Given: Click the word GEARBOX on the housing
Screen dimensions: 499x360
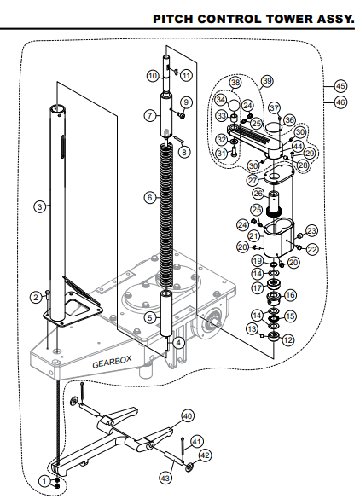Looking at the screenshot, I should click(112, 363).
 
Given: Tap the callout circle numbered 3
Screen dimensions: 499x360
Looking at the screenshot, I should click(38, 206).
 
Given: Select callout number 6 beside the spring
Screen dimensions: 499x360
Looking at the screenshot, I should click(149, 197).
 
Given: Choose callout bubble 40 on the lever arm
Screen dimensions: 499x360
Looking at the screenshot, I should click(188, 417).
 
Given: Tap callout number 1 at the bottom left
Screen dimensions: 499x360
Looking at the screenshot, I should click(44, 481).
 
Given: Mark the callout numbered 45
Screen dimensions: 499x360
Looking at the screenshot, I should click(340, 86).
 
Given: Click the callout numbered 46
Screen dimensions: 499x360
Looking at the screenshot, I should click(340, 102).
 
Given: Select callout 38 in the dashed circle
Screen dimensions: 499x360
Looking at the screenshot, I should click(235, 83).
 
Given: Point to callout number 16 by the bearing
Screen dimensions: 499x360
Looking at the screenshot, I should click(290, 295).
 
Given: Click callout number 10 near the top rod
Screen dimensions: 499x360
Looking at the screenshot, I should click(153, 76).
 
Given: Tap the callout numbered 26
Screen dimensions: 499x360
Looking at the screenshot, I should click(258, 194).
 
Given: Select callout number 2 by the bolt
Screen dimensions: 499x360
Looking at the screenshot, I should click(36, 296).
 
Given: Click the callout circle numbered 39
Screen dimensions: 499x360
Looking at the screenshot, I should click(267, 80).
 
